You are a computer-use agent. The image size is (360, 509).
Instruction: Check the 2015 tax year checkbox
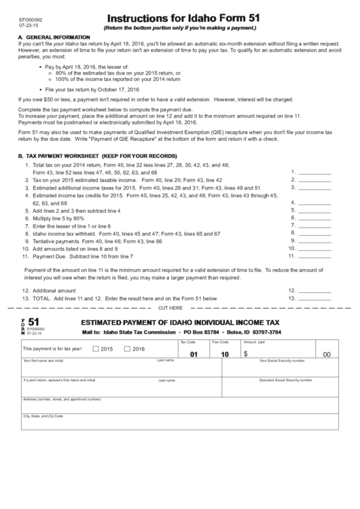tap(96, 349)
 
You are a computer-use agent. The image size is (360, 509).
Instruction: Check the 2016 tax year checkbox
tap(127, 349)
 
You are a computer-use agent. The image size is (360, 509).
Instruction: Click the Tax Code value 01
tap(194, 354)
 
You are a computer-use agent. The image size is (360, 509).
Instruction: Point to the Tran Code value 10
tap(225, 354)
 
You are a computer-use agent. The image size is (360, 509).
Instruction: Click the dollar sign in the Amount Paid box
tap(246, 354)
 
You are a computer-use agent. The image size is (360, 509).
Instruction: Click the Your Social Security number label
tap(282, 360)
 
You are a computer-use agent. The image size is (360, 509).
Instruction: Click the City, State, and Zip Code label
tap(43, 415)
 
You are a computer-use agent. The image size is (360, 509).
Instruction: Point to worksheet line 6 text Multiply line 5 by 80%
tap(58, 218)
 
